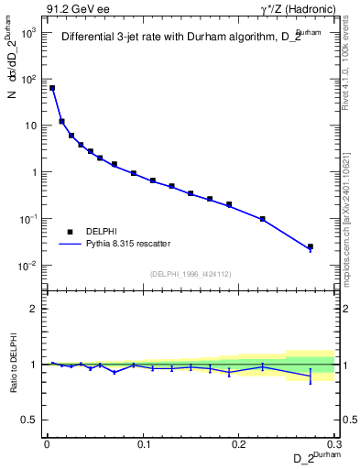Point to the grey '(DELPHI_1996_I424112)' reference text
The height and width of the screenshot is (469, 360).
click(x=189, y=273)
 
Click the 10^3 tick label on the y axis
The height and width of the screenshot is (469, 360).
click(x=28, y=32)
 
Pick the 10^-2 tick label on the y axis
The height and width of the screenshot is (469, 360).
click(x=28, y=266)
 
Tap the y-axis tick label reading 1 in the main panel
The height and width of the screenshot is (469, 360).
click(x=34, y=172)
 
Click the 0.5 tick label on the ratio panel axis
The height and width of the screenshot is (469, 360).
click(x=31, y=420)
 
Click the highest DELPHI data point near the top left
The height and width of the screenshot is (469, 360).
click(x=52, y=88)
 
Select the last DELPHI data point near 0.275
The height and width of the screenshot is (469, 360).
click(x=311, y=246)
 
